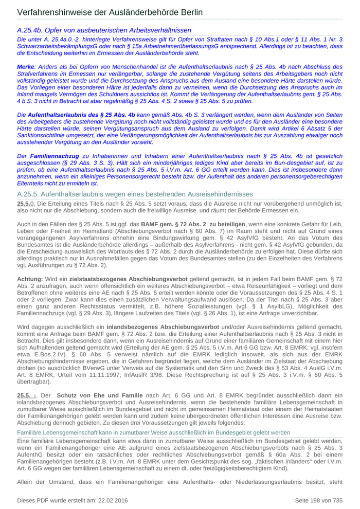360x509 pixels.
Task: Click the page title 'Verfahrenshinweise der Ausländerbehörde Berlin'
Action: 110,12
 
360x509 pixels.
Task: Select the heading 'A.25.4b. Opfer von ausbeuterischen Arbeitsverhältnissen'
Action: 104,30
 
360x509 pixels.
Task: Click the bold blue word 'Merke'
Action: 25,67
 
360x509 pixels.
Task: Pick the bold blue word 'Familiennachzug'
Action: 55,155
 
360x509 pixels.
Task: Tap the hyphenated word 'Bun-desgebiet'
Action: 289,162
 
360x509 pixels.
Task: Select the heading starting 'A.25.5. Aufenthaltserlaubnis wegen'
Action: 135,194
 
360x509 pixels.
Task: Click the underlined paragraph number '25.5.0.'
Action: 26,204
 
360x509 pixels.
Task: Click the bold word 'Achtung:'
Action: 30,278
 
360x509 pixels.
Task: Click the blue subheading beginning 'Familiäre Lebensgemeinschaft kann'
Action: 154,433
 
